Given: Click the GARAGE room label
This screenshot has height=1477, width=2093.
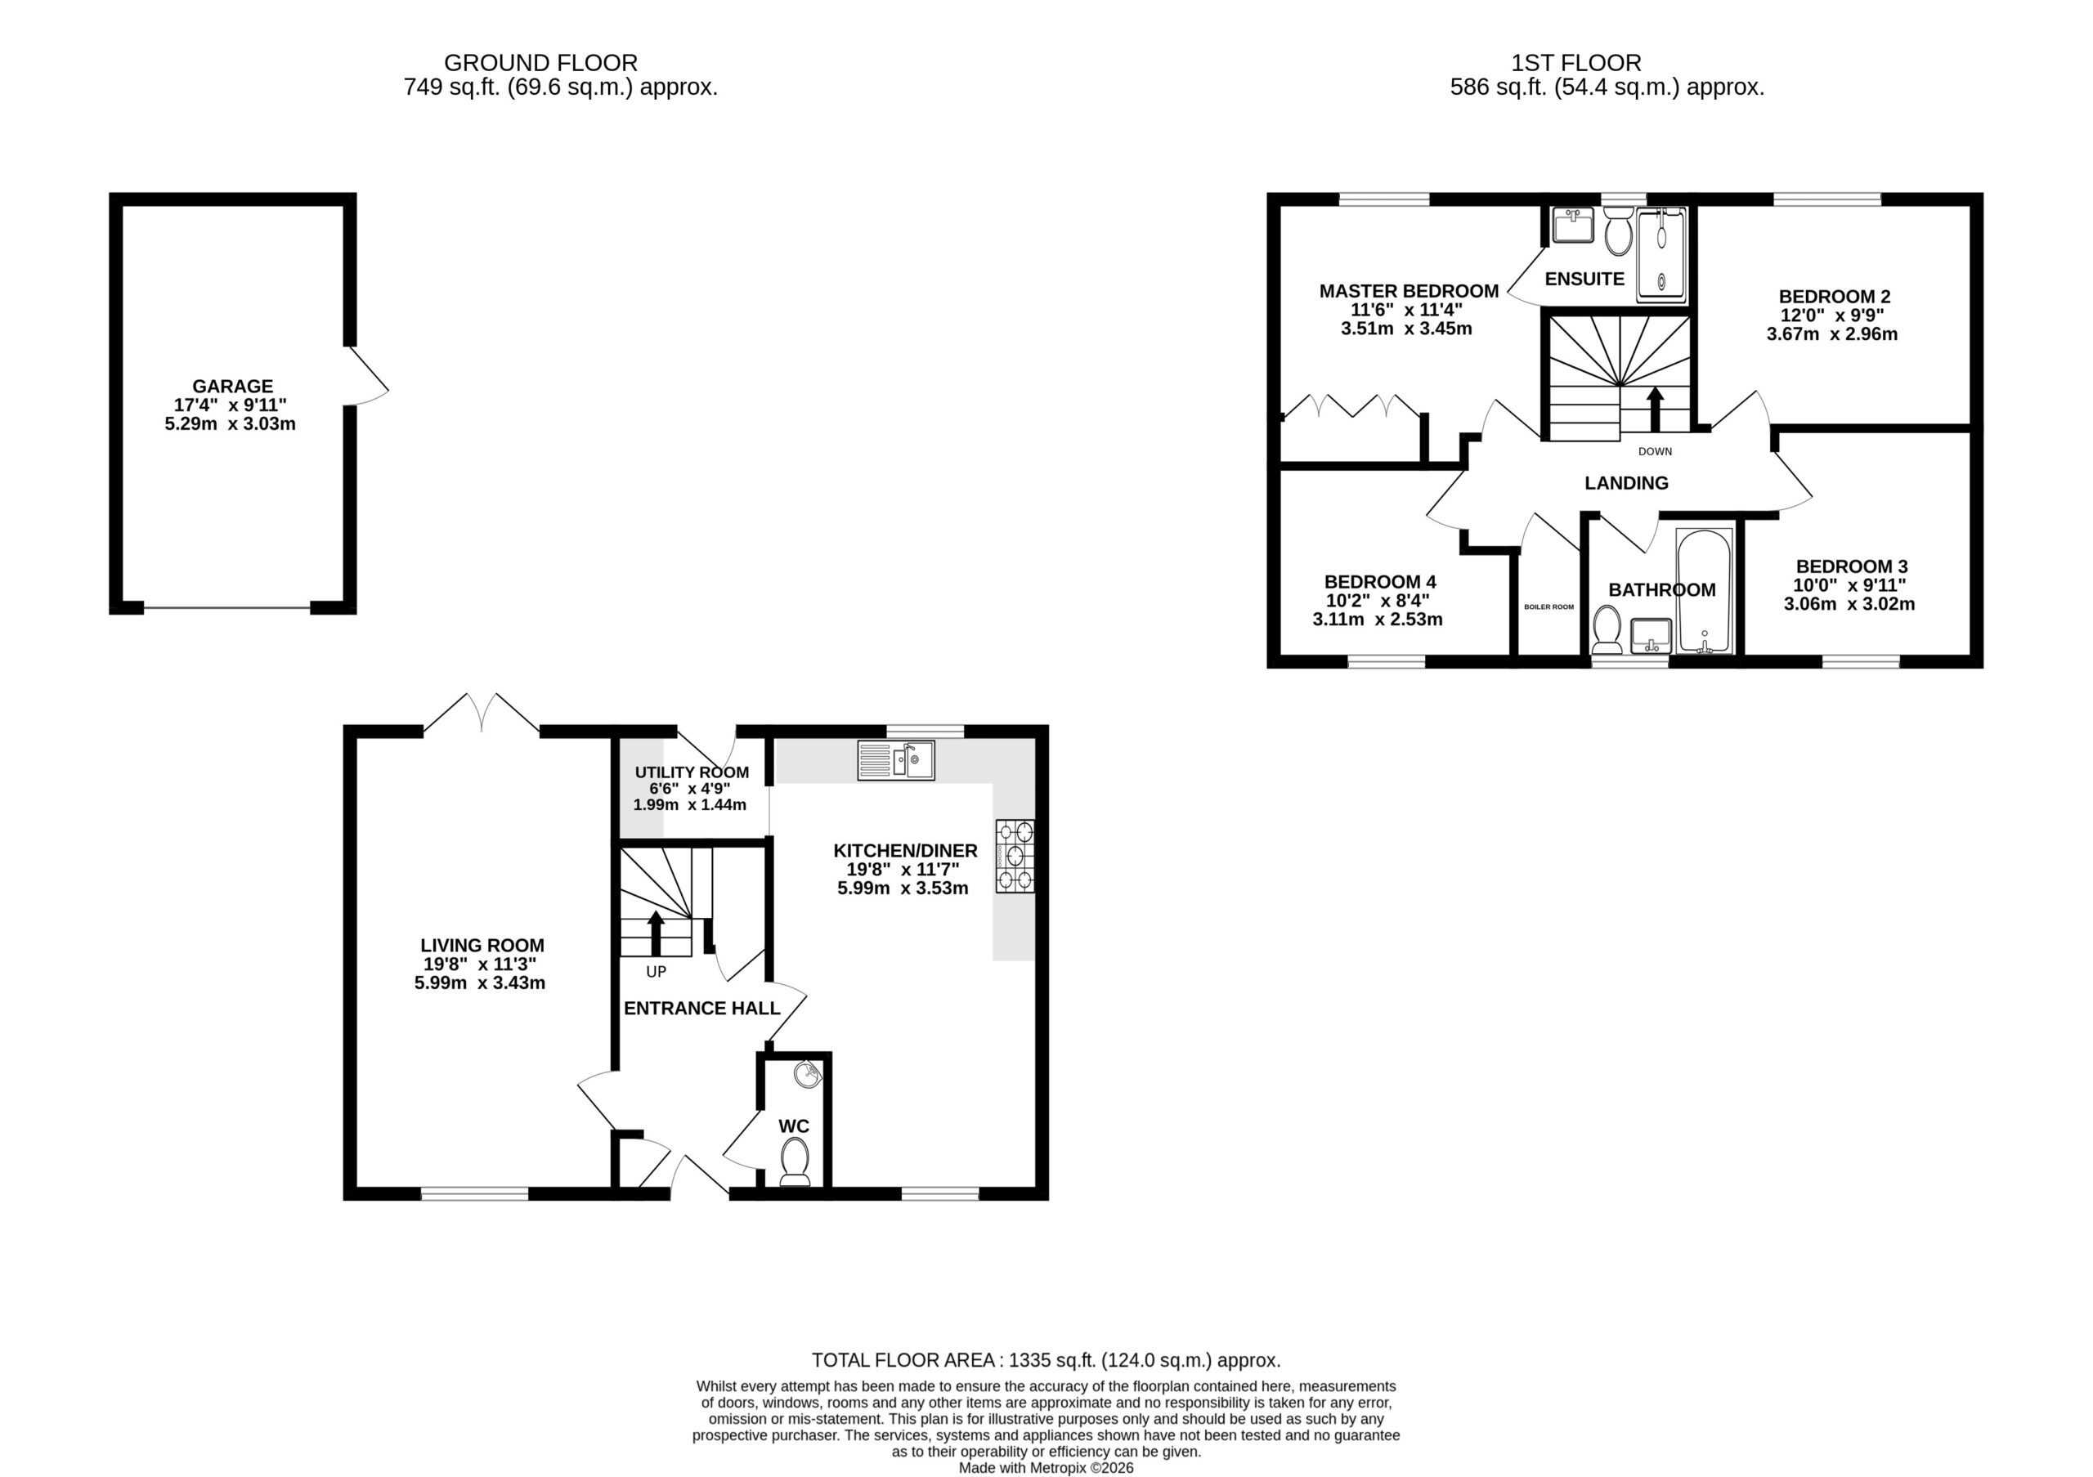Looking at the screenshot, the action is point(232,387).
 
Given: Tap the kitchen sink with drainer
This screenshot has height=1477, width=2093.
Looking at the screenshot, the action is point(896,760).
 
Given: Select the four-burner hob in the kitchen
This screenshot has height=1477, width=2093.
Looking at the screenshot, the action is point(1015,856).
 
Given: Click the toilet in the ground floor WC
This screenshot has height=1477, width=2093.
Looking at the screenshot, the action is point(795,1165).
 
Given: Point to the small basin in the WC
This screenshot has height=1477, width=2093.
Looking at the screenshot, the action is point(808,1075).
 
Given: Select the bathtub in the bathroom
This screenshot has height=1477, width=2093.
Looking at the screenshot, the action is point(1704,589).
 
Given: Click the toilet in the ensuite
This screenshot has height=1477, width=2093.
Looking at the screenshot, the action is point(1618,229).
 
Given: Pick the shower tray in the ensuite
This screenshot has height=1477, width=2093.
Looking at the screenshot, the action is point(1662,254).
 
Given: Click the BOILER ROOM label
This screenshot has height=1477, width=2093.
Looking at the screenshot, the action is point(1548,606).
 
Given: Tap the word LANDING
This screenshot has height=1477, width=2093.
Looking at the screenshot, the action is point(1626,483).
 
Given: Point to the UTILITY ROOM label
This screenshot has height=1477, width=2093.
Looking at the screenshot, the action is point(692,772).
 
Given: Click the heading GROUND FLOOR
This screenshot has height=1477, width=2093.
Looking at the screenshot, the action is point(540,63).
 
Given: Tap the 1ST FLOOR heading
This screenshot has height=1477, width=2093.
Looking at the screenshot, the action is point(1576,63).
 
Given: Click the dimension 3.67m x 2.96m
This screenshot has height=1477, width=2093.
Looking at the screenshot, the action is point(1832,334).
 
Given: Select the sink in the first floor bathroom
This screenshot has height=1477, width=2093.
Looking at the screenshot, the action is point(1651,635).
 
